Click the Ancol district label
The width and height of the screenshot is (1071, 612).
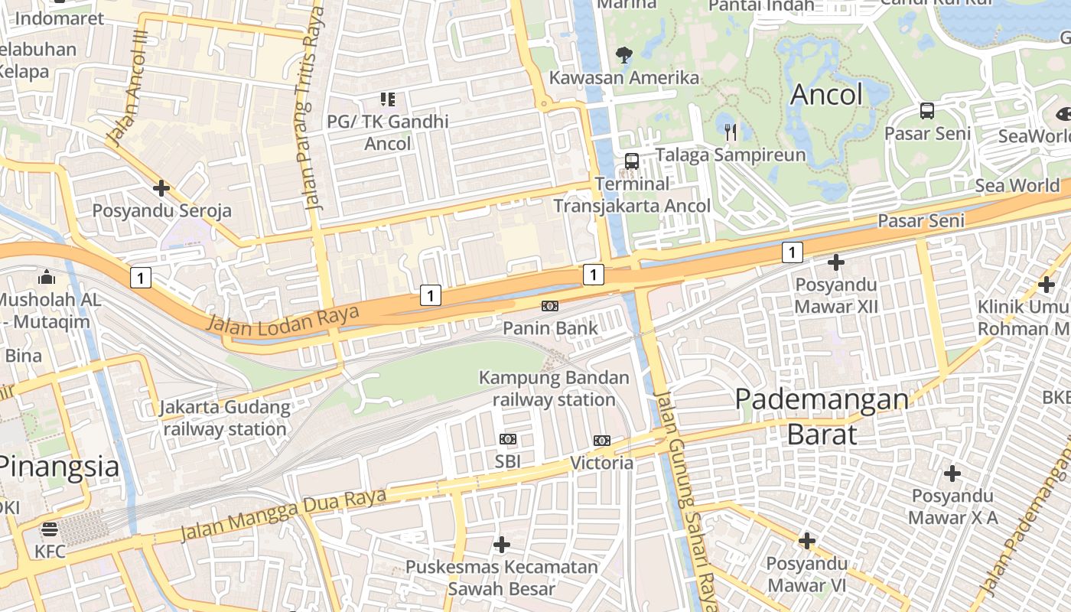pos(826,94)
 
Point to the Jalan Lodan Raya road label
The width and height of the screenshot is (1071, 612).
pos(283,319)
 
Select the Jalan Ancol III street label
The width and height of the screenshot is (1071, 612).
pos(127,88)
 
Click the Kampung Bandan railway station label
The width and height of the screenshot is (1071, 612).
pos(554,389)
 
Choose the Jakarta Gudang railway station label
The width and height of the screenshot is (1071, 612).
pos(225,418)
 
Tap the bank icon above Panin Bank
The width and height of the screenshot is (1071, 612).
pos(549,306)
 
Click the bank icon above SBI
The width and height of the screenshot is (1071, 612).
pos(508,439)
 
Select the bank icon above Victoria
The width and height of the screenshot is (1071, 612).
pos(602,440)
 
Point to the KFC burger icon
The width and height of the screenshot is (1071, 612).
pos(50,529)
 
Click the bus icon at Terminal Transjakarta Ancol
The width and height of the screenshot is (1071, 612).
pos(632,161)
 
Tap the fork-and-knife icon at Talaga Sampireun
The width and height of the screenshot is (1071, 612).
pos(731,132)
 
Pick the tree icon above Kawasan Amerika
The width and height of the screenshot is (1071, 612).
pos(624,54)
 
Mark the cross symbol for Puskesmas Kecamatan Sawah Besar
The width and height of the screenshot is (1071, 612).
pos(502,545)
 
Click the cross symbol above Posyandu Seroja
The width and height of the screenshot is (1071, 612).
pos(161,187)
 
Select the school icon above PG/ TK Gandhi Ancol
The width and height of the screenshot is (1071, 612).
pos(388,99)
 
